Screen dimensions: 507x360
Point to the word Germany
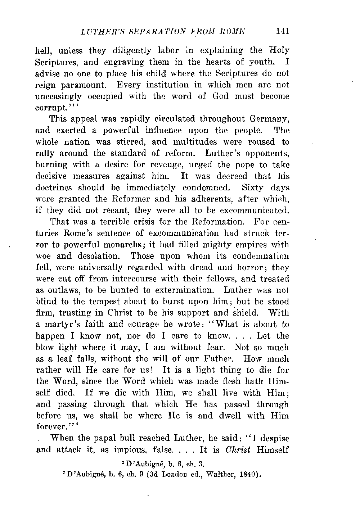(270, 119)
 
